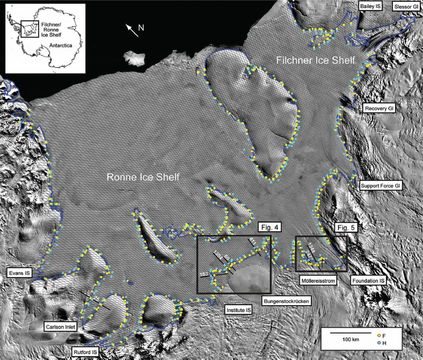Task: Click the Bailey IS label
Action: click(370, 6)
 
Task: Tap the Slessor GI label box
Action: click(406, 7)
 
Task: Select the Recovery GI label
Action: click(379, 108)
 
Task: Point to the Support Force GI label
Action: click(380, 186)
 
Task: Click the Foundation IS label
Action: click(368, 281)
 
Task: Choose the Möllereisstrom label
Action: click(318, 281)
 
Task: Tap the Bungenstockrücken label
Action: click(286, 301)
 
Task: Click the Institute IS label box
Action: click(239, 310)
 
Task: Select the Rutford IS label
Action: click(86, 352)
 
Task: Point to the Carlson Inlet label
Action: click(60, 327)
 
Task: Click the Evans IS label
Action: click(19, 273)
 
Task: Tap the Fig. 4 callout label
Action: click(270, 227)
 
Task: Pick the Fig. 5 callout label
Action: click(346, 227)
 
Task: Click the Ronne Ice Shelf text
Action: click(143, 177)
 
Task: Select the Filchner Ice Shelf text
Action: click(315, 60)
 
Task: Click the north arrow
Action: click(132, 31)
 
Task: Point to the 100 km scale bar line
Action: click(350, 333)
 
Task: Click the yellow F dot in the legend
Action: click(379, 336)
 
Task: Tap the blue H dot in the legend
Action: click(379, 343)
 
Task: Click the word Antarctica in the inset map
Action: click(60, 45)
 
